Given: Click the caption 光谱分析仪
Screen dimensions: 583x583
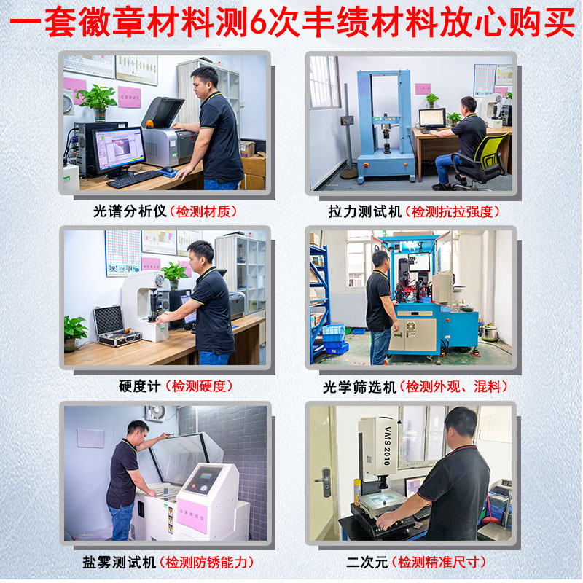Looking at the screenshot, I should [x=130, y=211].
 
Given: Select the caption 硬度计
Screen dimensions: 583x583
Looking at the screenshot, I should [x=138, y=386].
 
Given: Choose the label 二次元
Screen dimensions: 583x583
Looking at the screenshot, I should [x=368, y=562].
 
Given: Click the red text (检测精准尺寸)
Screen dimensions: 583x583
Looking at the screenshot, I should [x=438, y=562].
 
